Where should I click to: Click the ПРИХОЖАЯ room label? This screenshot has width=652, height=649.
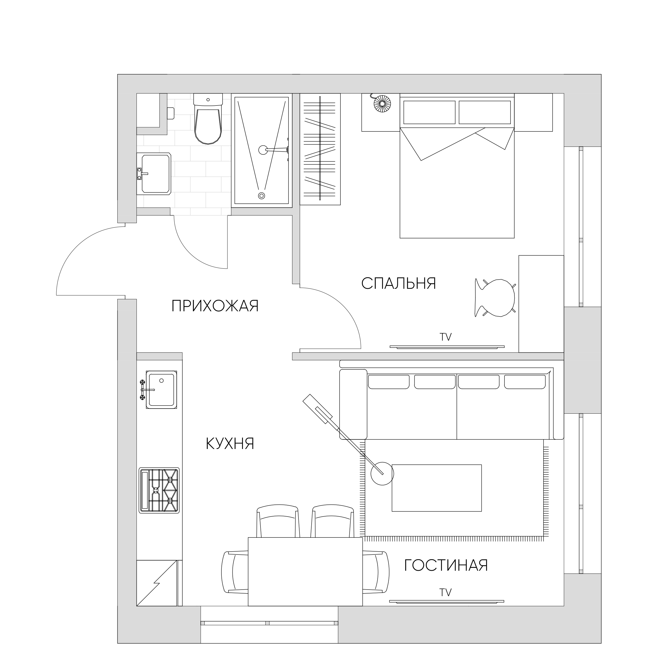(215, 307)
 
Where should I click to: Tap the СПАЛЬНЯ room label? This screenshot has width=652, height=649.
(399, 284)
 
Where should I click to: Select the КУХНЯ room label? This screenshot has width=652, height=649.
(230, 444)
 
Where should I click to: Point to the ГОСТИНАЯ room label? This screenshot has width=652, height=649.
(446, 565)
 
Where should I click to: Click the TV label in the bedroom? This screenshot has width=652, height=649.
(445, 337)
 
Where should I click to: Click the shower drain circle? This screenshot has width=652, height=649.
(261, 196)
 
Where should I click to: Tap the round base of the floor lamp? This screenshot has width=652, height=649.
(382, 474)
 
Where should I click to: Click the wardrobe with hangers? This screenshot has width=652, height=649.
(320, 149)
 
